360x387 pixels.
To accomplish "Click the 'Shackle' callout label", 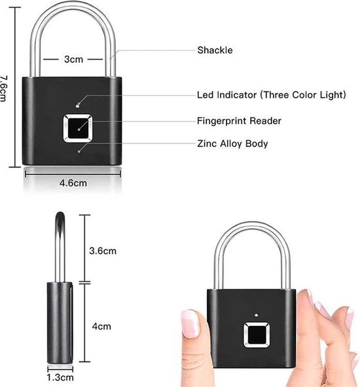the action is pos(215,50).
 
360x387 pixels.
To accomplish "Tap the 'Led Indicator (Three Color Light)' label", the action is pos(272,95).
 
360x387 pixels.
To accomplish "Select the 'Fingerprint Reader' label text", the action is pos(239,121).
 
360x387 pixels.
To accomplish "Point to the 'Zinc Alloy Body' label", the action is pos(232,143).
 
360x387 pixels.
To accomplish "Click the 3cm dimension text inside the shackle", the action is pos(73,60).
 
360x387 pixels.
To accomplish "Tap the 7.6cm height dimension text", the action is pos(3,88).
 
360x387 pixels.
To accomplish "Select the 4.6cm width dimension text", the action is pos(73,183).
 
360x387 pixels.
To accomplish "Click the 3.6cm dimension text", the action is pos(103,251).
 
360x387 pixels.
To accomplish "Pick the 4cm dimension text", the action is pos(101,326).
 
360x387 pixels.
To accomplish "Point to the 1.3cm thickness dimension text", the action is pos(60,377).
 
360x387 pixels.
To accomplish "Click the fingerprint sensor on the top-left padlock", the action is pos(78,128).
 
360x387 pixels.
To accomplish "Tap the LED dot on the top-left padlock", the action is pos(77,106).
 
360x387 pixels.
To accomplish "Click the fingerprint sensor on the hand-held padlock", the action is pos(256,335).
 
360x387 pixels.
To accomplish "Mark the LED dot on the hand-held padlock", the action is pos(257,315).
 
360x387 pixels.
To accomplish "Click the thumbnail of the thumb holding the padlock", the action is pos(190,323).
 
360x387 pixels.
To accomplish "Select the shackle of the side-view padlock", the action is pos(60,247).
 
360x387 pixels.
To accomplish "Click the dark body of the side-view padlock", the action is pos(60,323).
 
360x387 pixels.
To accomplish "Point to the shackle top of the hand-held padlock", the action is pos(252,225).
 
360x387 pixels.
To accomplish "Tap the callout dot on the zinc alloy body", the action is pos(79,151).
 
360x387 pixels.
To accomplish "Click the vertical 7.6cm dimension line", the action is pos(15,87).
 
